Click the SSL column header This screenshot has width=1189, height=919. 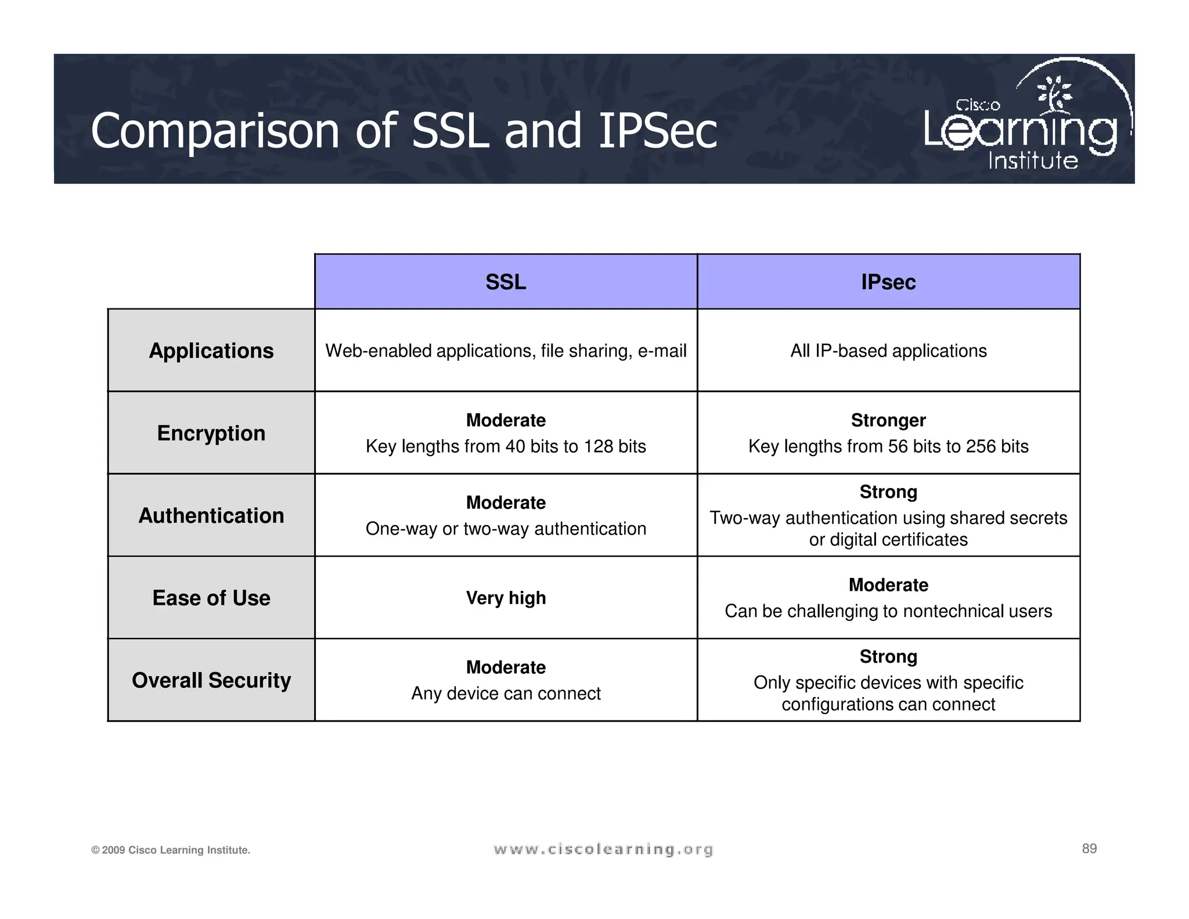point(506,282)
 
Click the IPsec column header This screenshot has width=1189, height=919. point(888,282)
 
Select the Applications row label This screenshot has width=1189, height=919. point(211,351)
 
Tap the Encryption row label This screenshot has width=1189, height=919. point(211,433)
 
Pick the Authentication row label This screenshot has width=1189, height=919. point(211,516)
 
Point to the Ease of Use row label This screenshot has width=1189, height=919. point(211,598)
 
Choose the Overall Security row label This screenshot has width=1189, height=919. point(211,680)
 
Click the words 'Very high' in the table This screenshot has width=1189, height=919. point(506,598)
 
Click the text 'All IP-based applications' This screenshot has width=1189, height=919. point(888,351)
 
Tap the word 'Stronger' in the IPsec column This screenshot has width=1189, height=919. point(888,420)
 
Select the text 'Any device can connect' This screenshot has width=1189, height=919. point(506,694)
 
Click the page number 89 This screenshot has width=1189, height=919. point(1089,849)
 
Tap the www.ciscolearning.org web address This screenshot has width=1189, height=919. point(603,850)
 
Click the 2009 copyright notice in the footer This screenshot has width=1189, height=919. point(171,850)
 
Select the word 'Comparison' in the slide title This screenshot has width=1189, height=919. point(215,131)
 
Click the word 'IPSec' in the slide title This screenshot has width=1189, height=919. point(657,131)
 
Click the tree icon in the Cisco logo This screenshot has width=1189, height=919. point(1055,93)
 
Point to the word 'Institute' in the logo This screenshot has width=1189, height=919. point(1033,160)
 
